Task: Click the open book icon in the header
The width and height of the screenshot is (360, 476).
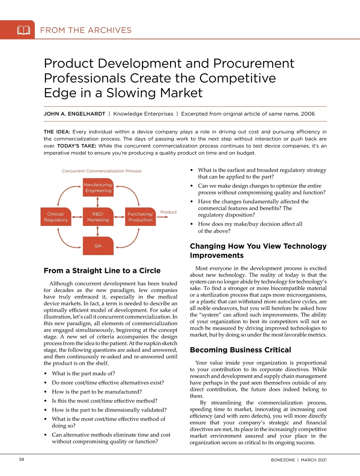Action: coord(24,30)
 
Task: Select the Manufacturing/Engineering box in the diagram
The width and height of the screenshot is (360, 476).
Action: coord(98,188)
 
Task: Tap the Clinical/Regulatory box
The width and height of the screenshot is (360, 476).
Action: coord(56,217)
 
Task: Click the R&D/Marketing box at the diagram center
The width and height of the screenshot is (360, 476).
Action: coord(98,217)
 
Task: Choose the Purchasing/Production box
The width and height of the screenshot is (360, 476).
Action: coord(140,217)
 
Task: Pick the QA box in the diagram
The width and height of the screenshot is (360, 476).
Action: coord(98,246)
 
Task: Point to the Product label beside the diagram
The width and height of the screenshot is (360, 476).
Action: coord(168,212)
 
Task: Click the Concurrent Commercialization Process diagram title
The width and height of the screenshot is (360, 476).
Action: coord(101,171)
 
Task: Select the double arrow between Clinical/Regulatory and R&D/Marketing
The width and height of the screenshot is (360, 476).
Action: coord(77,217)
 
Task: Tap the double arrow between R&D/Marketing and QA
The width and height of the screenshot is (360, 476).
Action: coord(98,231)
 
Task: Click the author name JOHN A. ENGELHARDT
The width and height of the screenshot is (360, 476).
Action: coord(74,114)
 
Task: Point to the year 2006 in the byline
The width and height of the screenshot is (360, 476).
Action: coord(308,114)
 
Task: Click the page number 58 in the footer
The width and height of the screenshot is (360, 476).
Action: coord(22,460)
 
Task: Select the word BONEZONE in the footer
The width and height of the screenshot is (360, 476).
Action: coord(283,460)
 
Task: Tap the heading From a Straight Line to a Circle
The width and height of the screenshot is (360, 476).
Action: coord(102,271)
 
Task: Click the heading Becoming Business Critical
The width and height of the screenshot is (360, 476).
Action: coord(240,350)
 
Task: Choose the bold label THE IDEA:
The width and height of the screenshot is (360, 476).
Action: coord(57,132)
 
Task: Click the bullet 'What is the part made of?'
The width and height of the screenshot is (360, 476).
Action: coord(83,373)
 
